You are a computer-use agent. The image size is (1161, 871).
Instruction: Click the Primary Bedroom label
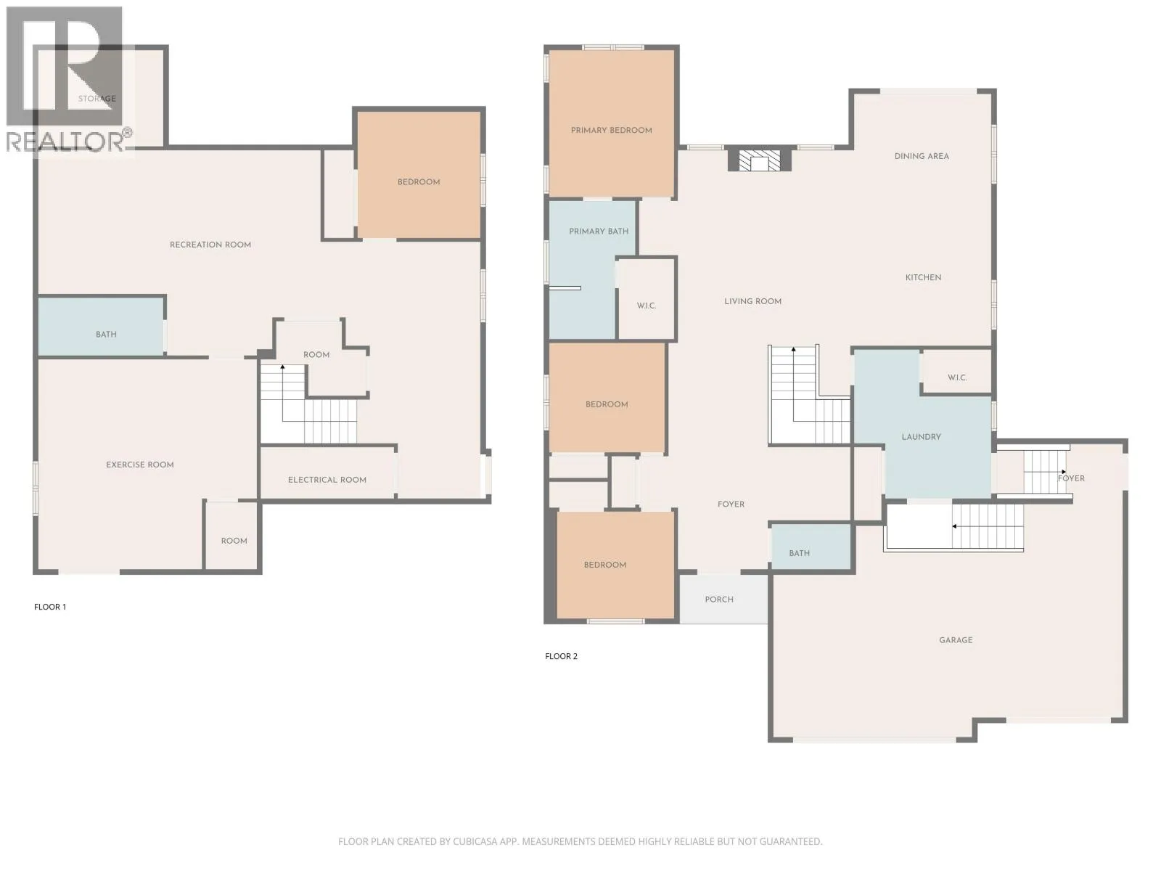click(x=611, y=130)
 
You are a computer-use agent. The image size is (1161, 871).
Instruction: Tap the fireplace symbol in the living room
click(x=759, y=160)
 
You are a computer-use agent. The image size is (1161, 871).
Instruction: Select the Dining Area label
click(x=922, y=156)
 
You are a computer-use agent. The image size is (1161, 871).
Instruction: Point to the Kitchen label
click(x=923, y=277)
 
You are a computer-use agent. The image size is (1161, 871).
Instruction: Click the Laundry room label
click(x=921, y=437)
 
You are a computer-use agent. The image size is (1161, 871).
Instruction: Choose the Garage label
click(x=956, y=640)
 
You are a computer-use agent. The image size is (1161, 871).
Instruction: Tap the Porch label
click(x=719, y=600)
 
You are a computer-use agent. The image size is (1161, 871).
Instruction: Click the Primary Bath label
click(x=598, y=231)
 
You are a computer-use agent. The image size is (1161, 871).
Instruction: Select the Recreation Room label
click(x=210, y=245)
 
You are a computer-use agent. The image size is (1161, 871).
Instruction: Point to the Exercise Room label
click(x=139, y=465)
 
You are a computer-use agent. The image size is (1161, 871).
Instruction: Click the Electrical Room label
click(x=327, y=480)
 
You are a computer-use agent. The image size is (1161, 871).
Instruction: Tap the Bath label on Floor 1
click(x=106, y=334)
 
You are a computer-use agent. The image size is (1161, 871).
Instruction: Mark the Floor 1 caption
click(x=50, y=607)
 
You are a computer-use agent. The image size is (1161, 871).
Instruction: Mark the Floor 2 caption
click(x=561, y=655)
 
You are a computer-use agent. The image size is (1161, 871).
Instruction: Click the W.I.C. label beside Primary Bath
click(x=646, y=306)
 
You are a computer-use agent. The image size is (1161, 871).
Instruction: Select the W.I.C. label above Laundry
click(x=957, y=377)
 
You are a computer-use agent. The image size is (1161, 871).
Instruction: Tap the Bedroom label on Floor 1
click(x=419, y=182)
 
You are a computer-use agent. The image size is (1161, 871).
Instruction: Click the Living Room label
click(x=752, y=301)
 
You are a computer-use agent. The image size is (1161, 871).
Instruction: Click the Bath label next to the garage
click(x=799, y=553)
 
